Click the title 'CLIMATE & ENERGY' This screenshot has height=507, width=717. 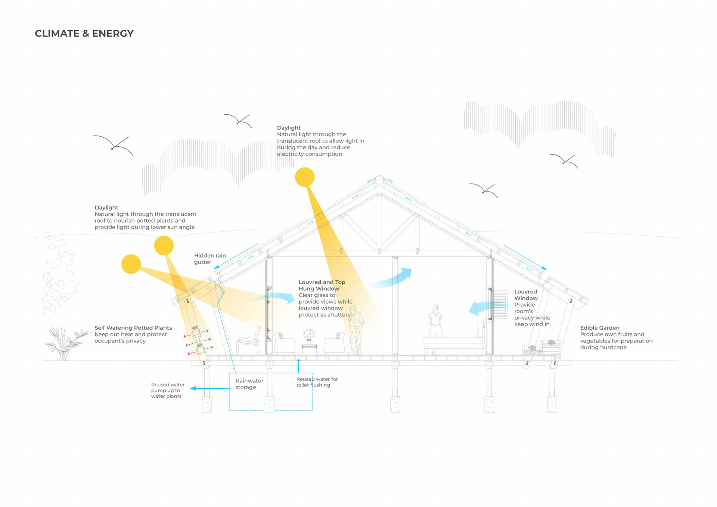tap(84, 34)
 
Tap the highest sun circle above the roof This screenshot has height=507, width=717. tap(305, 177)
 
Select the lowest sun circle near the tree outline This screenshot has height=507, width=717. tap(131, 264)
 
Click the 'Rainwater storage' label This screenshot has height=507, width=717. tap(249, 384)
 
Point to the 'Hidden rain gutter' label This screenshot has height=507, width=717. tap(210, 259)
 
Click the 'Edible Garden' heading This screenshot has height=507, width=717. tap(599, 328)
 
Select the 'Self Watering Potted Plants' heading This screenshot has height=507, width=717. tap(133, 328)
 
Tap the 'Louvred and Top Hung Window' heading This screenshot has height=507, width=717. tap(322, 285)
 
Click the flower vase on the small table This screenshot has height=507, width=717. tap(308, 335)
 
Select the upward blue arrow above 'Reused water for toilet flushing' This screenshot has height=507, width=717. tap(298, 366)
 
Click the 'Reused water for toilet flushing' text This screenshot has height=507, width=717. tap(317, 382)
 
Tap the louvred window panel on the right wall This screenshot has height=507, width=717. tap(499, 304)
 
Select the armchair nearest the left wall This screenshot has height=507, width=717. tap(248, 340)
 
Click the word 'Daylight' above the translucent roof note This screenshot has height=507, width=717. tap(289, 128)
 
